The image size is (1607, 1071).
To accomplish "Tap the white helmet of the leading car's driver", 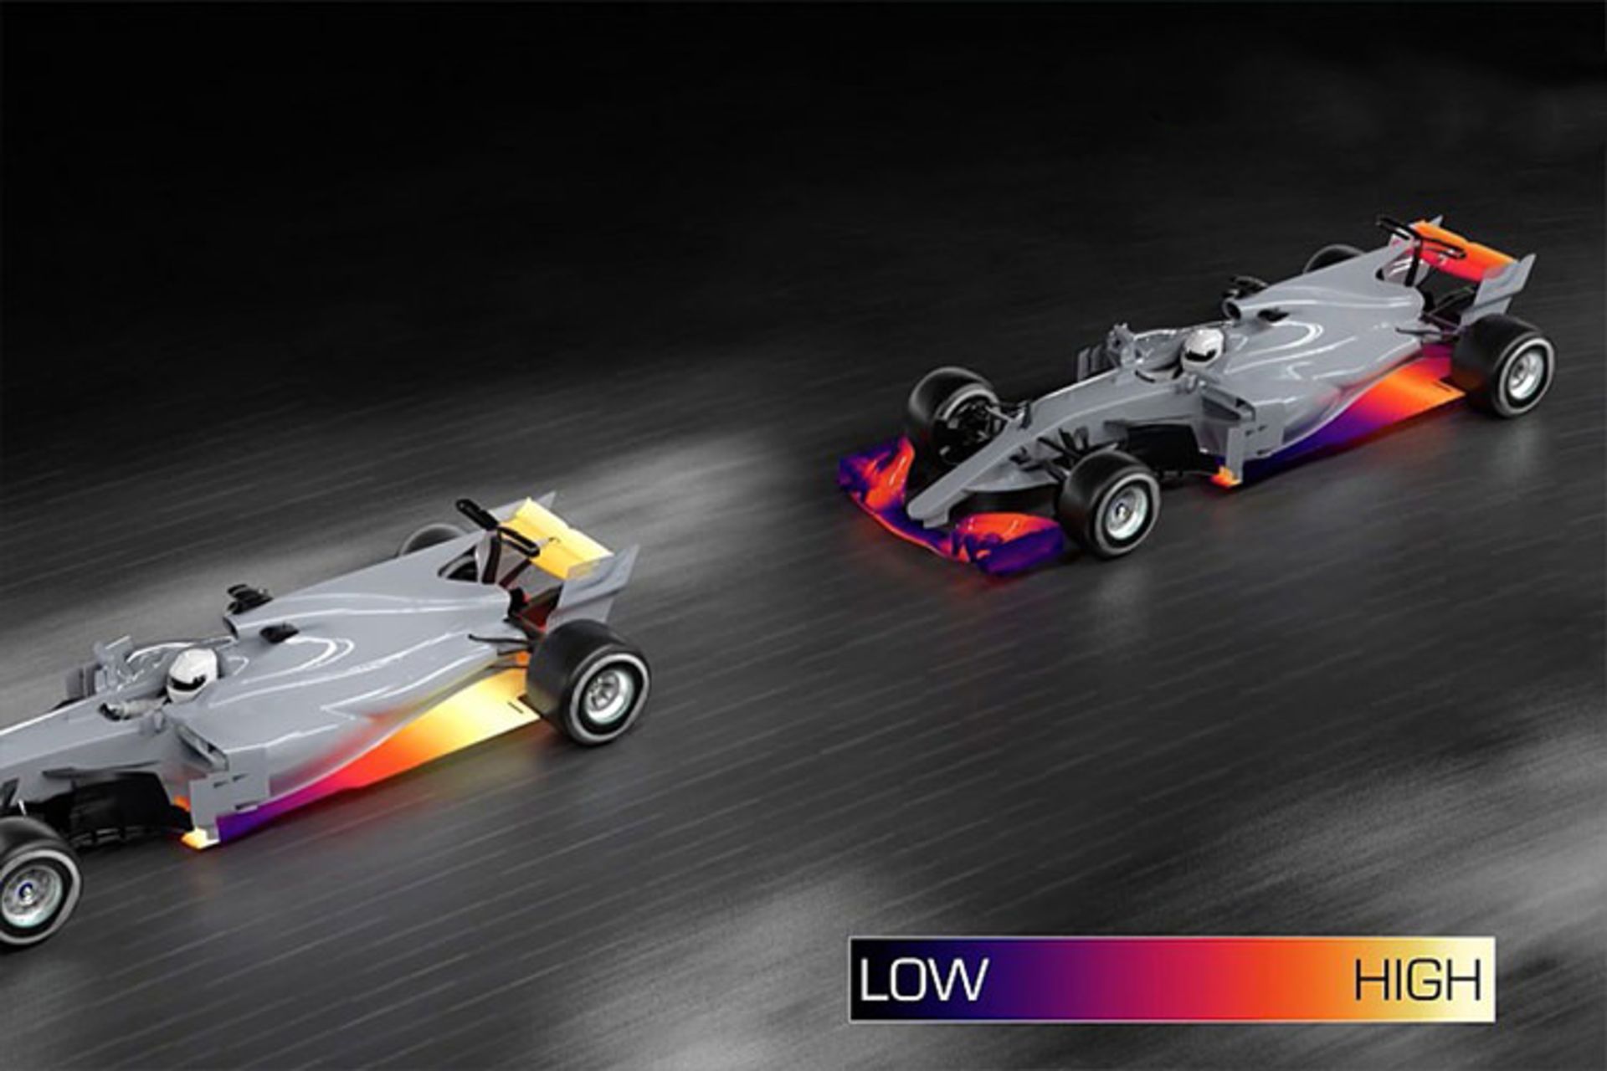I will pyautogui.click(x=192, y=674).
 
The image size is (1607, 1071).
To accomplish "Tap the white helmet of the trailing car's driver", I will pyautogui.click(x=1203, y=348).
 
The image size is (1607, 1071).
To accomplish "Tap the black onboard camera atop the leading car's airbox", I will pyautogui.click(x=246, y=597).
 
